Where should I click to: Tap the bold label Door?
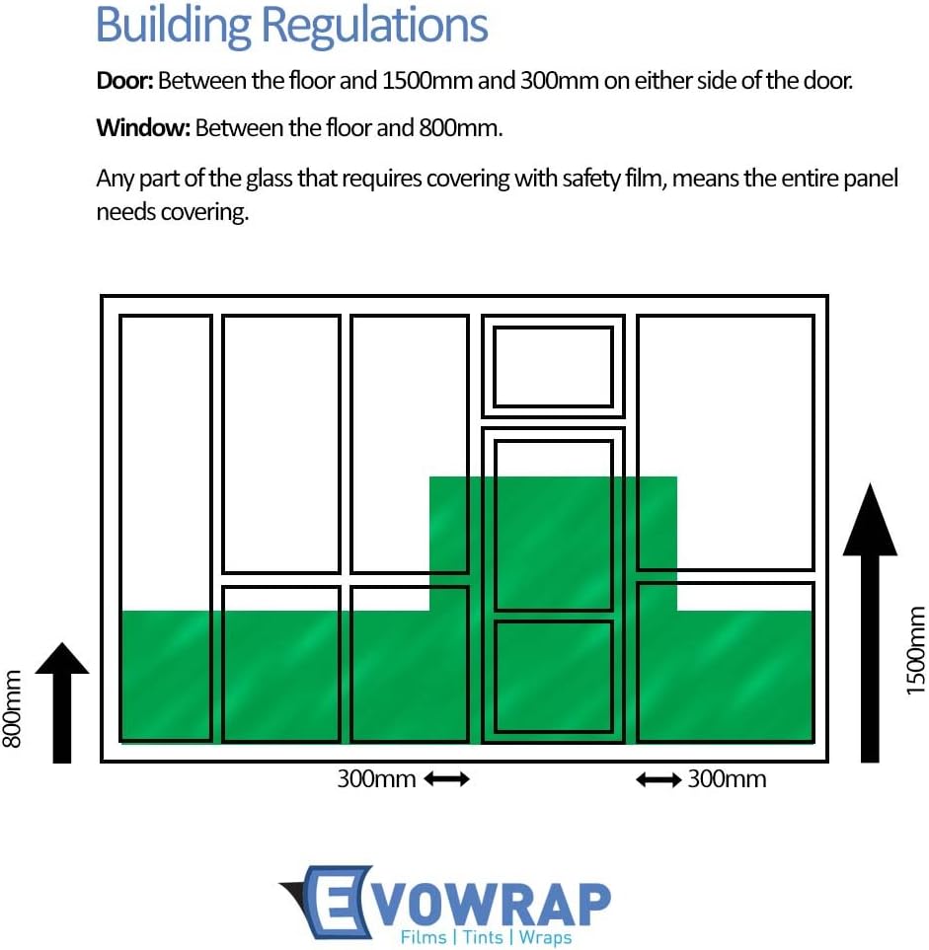point(124,80)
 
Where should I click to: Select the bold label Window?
point(143,127)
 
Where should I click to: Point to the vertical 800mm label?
point(13,708)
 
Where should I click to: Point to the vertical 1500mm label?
point(915,650)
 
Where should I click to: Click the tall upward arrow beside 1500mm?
point(870,621)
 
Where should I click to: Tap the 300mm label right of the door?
point(727,779)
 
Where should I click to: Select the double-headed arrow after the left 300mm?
point(447,779)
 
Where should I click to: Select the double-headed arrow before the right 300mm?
point(658,779)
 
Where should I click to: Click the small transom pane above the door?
point(553,367)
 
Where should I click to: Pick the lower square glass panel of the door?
point(553,677)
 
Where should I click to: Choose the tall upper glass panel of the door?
point(553,526)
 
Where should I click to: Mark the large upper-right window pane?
point(726,442)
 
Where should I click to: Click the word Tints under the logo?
point(483,937)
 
